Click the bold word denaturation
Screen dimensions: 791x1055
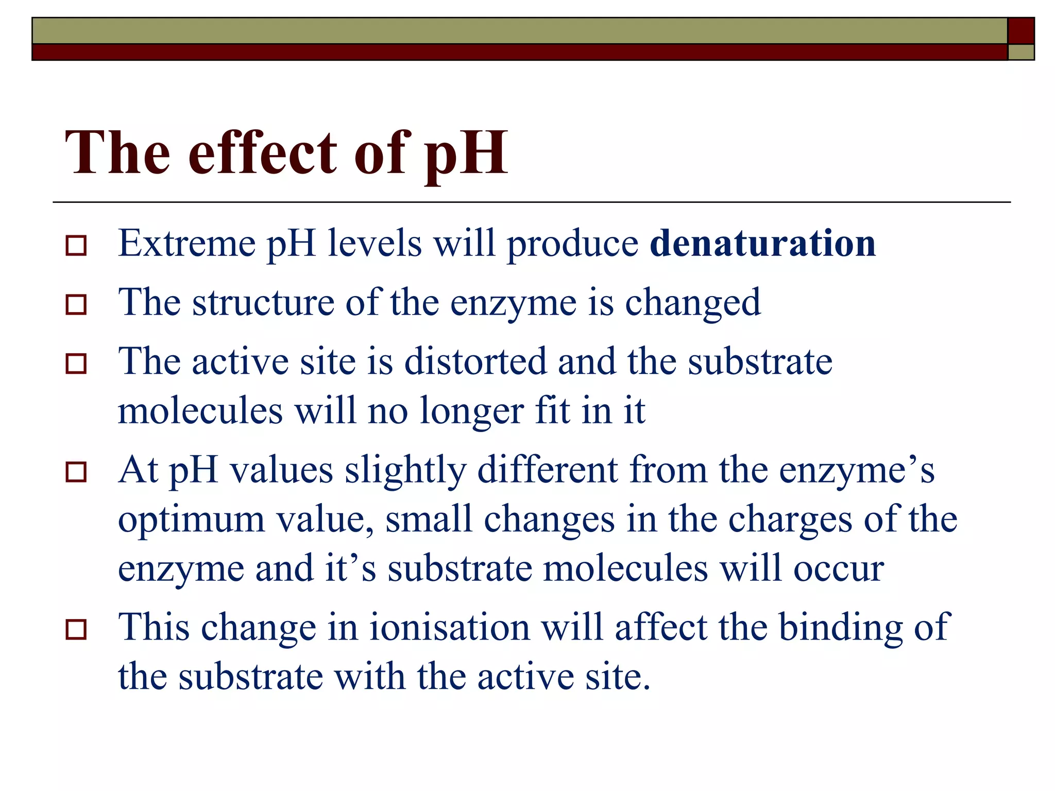tap(762, 243)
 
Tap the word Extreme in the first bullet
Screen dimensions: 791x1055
tap(186, 243)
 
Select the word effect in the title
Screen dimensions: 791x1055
tap(263, 152)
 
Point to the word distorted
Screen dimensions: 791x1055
tap(475, 362)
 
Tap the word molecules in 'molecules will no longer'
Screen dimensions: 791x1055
tap(200, 411)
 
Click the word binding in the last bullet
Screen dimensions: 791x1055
tap(840, 628)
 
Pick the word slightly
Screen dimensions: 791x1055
tap(405, 471)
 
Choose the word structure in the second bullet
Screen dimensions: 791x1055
tap(263, 302)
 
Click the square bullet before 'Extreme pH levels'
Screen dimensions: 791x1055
tap(76, 246)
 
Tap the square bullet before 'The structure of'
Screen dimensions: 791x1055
tap(76, 305)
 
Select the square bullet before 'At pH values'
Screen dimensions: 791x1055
tap(76, 472)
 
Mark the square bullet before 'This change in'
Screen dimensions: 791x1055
tap(76, 629)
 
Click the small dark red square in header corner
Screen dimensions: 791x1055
tap(1020, 31)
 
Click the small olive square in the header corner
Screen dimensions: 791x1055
tap(1020, 53)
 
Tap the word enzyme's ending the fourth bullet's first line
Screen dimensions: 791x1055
tap(856, 471)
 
